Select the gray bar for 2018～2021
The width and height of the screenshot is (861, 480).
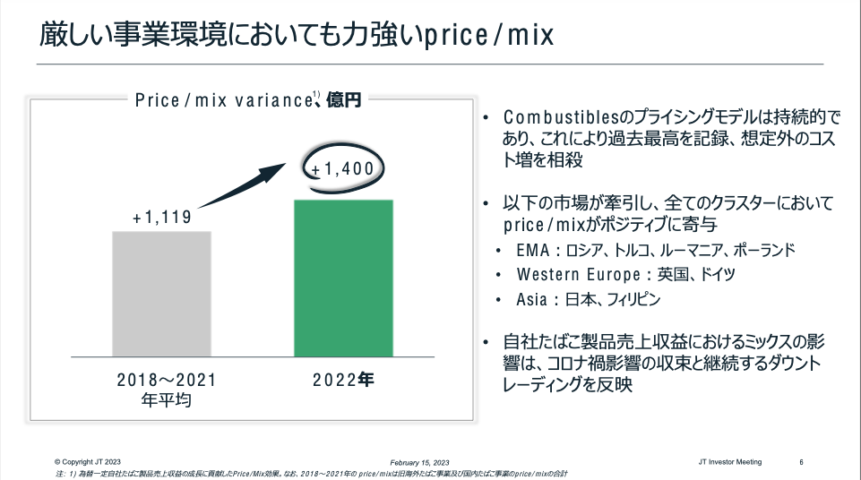pyautogui.click(x=161, y=295)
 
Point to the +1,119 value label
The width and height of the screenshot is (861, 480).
pyautogui.click(x=161, y=218)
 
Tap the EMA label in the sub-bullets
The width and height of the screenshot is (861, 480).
pyautogui.click(x=533, y=250)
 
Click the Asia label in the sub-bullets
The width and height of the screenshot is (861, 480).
pyautogui.click(x=534, y=300)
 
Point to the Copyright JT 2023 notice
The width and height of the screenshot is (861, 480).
pyautogui.click(x=88, y=462)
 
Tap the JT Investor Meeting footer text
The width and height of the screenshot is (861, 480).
pyautogui.click(x=729, y=462)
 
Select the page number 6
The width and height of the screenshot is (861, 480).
pyautogui.click(x=801, y=462)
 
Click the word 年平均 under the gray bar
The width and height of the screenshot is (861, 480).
pyautogui.click(x=167, y=400)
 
